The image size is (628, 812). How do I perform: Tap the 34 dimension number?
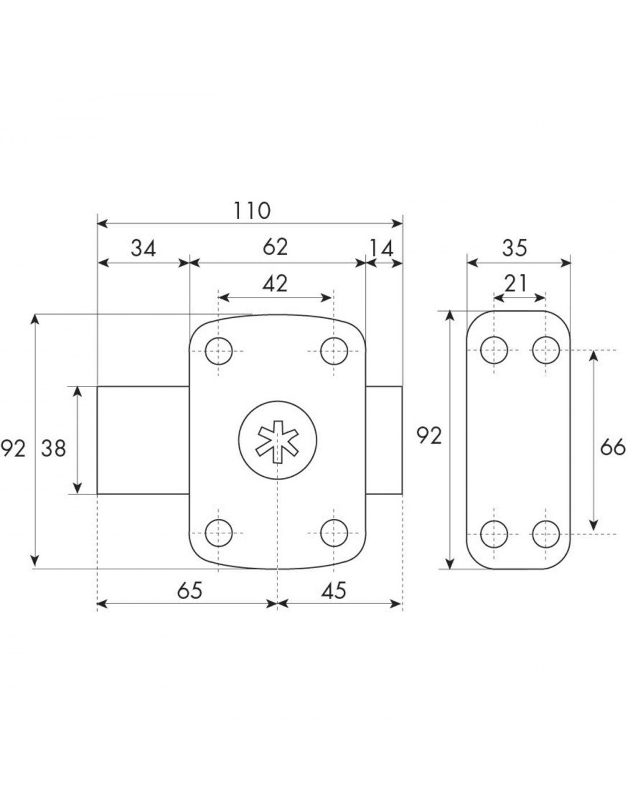click(x=143, y=248)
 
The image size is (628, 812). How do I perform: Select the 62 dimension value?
click(x=275, y=247)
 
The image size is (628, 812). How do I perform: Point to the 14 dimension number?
click(x=381, y=248)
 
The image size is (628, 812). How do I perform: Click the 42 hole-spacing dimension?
click(x=275, y=284)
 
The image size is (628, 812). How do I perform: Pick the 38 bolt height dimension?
click(x=54, y=448)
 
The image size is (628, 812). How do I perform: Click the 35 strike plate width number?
click(x=514, y=248)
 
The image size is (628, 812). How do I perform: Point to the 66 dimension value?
click(x=613, y=447)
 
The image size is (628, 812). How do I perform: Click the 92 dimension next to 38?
click(x=14, y=448)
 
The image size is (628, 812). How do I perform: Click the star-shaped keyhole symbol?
click(x=278, y=441)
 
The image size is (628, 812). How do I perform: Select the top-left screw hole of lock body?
click(x=219, y=351)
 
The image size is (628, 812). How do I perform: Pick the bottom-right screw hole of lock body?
click(x=333, y=533)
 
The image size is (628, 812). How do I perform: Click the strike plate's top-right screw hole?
click(x=546, y=350)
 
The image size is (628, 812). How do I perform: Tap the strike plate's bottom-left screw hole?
click(x=494, y=534)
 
